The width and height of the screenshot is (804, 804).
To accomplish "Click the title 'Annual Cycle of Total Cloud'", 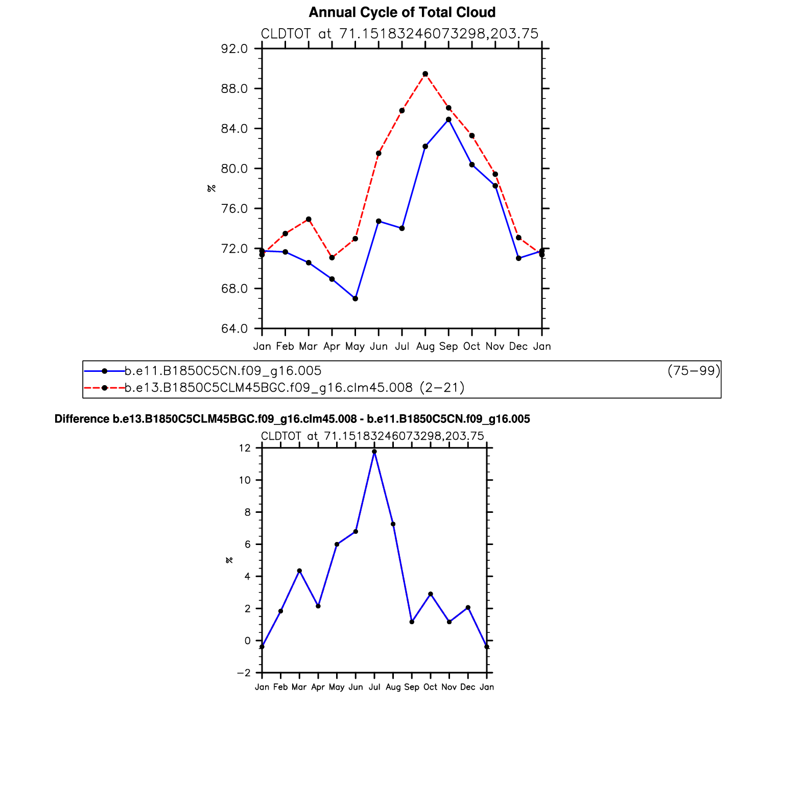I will [x=402, y=12].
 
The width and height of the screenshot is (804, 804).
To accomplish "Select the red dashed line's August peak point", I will [x=425, y=74].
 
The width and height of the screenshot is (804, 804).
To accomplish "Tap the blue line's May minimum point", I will [x=355, y=298].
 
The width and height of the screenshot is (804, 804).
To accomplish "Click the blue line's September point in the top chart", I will [x=448, y=120].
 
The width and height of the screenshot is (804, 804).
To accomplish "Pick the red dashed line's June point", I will [x=379, y=153].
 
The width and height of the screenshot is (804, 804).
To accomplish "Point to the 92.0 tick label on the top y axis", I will [x=234, y=49].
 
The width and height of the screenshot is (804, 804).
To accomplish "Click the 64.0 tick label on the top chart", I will [x=234, y=328].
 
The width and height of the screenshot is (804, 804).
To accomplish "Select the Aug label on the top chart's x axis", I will [x=425, y=346].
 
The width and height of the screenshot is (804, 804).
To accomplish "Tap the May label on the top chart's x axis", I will [x=355, y=346].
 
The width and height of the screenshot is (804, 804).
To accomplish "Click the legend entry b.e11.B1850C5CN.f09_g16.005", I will [x=223, y=371].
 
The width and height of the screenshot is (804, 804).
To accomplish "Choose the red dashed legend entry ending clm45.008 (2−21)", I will [x=295, y=388].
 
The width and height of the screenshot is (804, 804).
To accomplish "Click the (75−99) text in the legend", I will [x=694, y=371].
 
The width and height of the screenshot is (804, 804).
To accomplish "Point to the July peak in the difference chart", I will [x=374, y=452].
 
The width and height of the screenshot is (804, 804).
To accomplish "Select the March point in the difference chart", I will [x=299, y=571].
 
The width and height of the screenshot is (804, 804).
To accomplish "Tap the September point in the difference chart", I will [x=412, y=622].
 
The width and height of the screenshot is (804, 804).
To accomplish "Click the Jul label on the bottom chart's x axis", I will [x=374, y=687].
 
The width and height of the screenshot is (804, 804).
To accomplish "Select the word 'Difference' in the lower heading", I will [x=82, y=419].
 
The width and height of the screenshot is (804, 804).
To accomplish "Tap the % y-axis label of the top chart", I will [x=211, y=188].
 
